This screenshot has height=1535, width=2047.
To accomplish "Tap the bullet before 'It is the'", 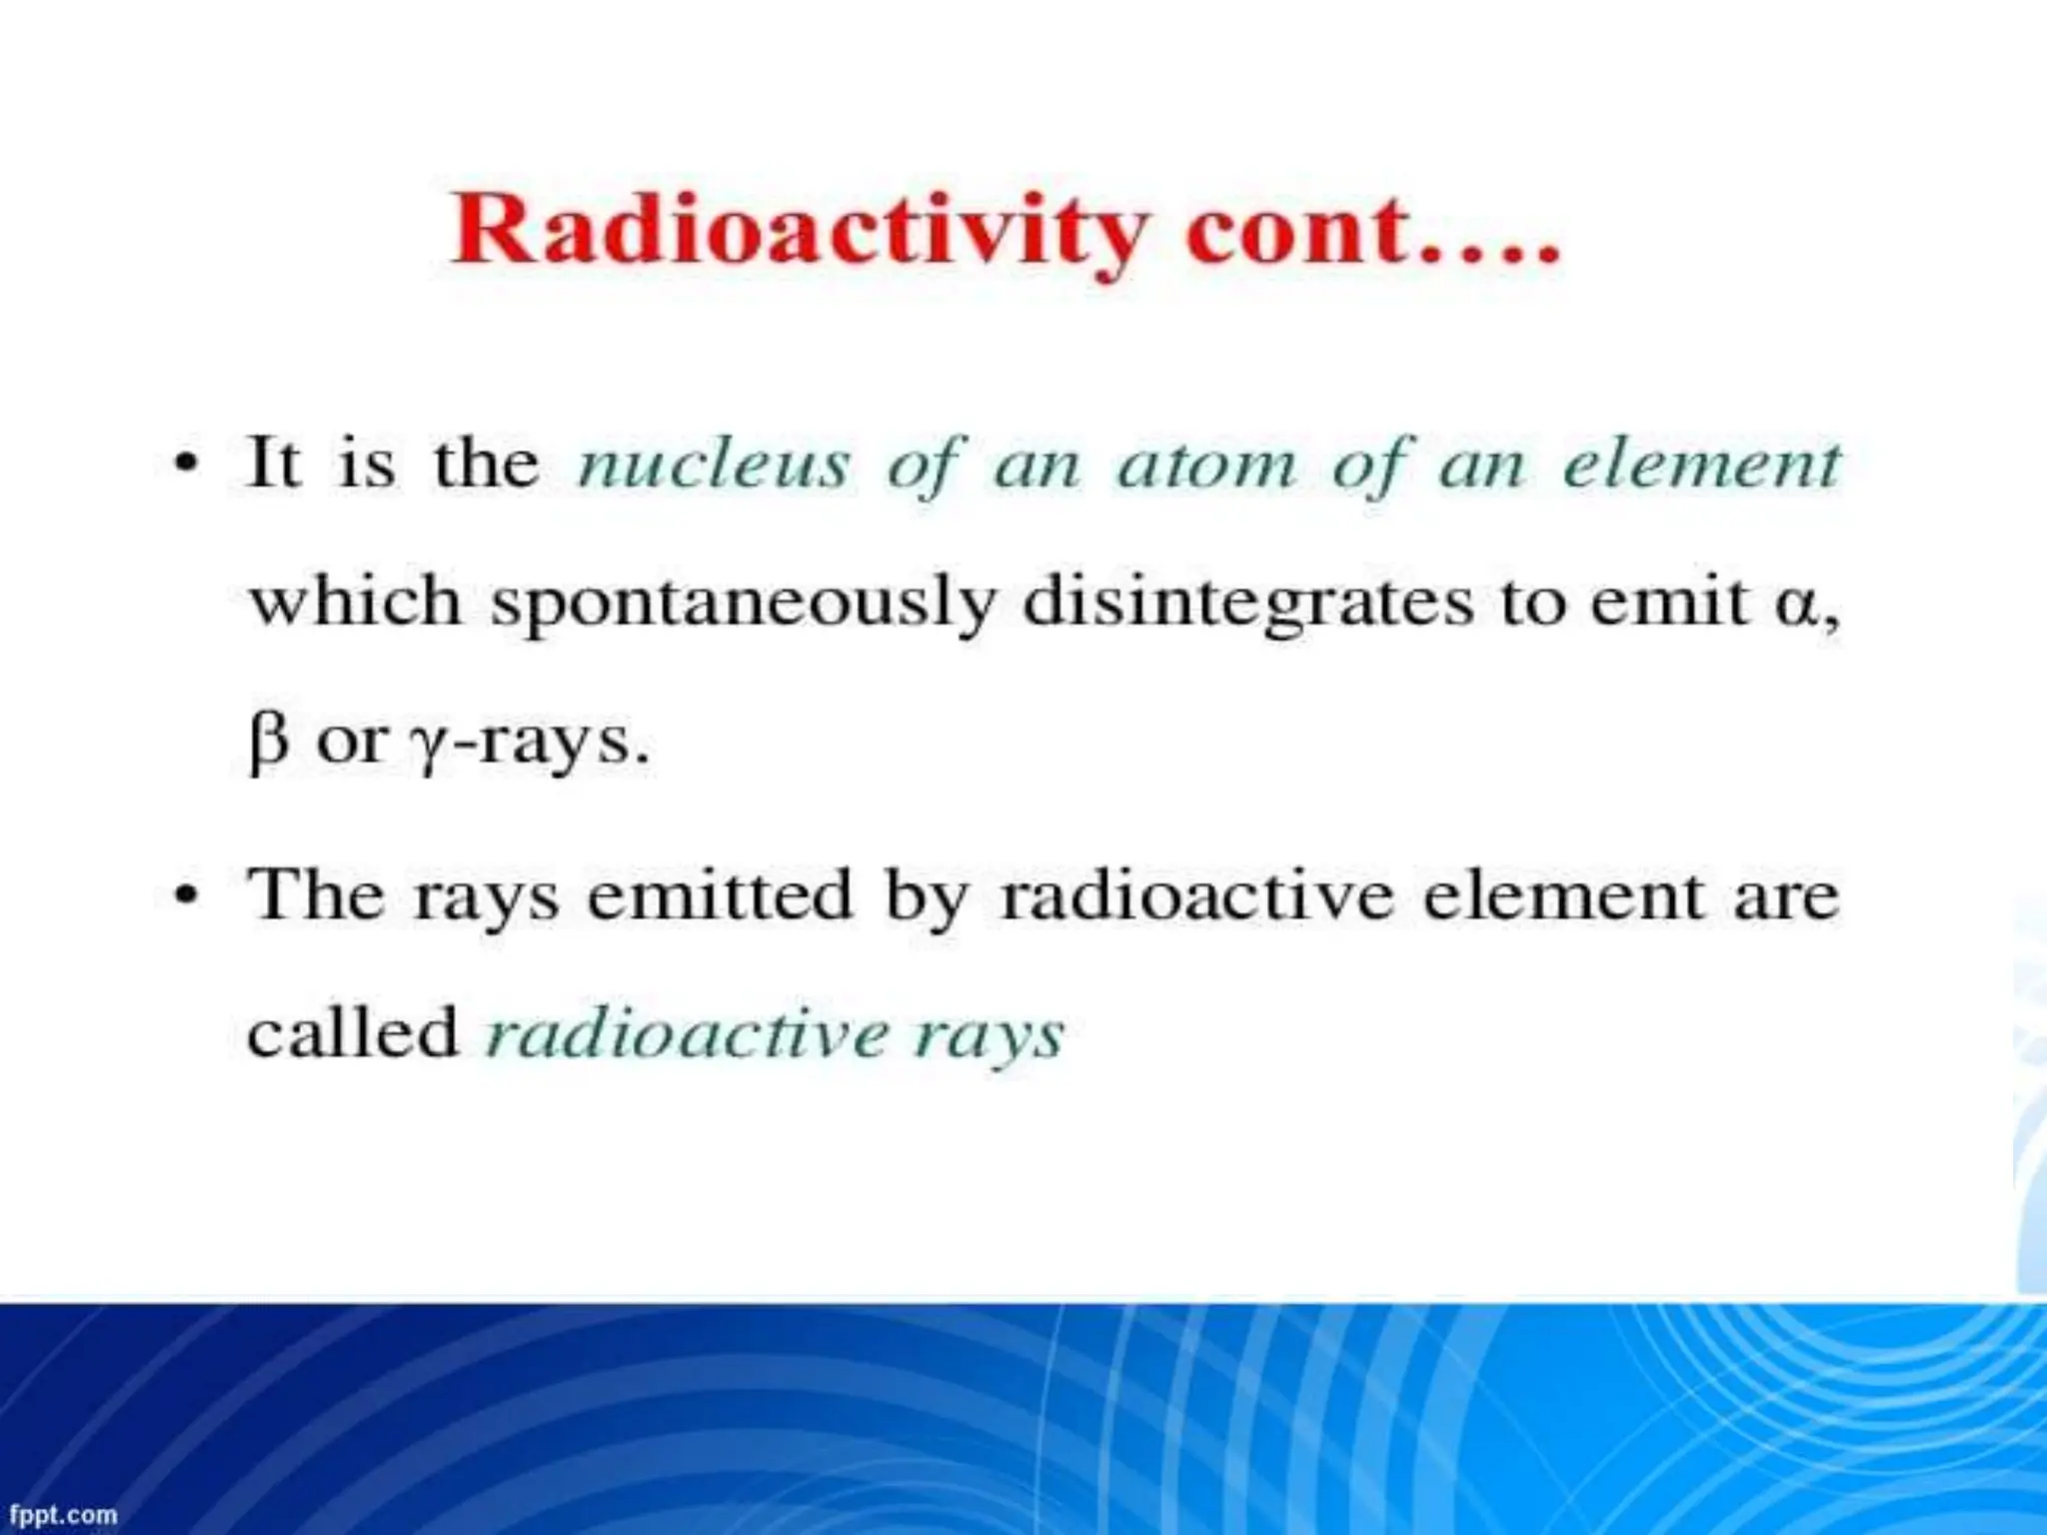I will (x=185, y=465).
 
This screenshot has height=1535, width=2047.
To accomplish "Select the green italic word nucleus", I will (x=714, y=465).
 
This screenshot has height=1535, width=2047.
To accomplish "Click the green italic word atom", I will (x=1206, y=465).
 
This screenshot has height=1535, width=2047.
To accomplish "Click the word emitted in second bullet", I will (x=719, y=895).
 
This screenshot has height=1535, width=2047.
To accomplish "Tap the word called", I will (x=352, y=1032).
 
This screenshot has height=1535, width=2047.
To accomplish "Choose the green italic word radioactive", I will (x=687, y=1034).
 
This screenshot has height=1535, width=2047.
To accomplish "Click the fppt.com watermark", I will (x=63, y=1515).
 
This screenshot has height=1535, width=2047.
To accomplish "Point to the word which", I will (x=355, y=603).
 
